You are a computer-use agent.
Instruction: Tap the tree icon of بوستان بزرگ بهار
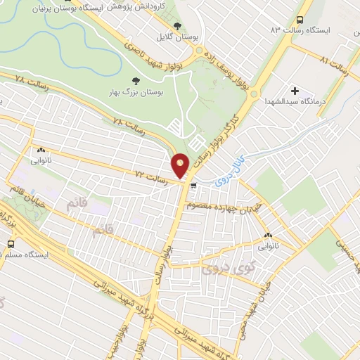point(136,81)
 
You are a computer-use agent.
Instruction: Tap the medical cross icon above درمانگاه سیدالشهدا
point(295,91)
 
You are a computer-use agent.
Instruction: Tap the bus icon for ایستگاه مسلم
point(10,243)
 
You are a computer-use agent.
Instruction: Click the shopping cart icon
point(193,186)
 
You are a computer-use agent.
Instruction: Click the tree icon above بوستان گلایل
point(177,25)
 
